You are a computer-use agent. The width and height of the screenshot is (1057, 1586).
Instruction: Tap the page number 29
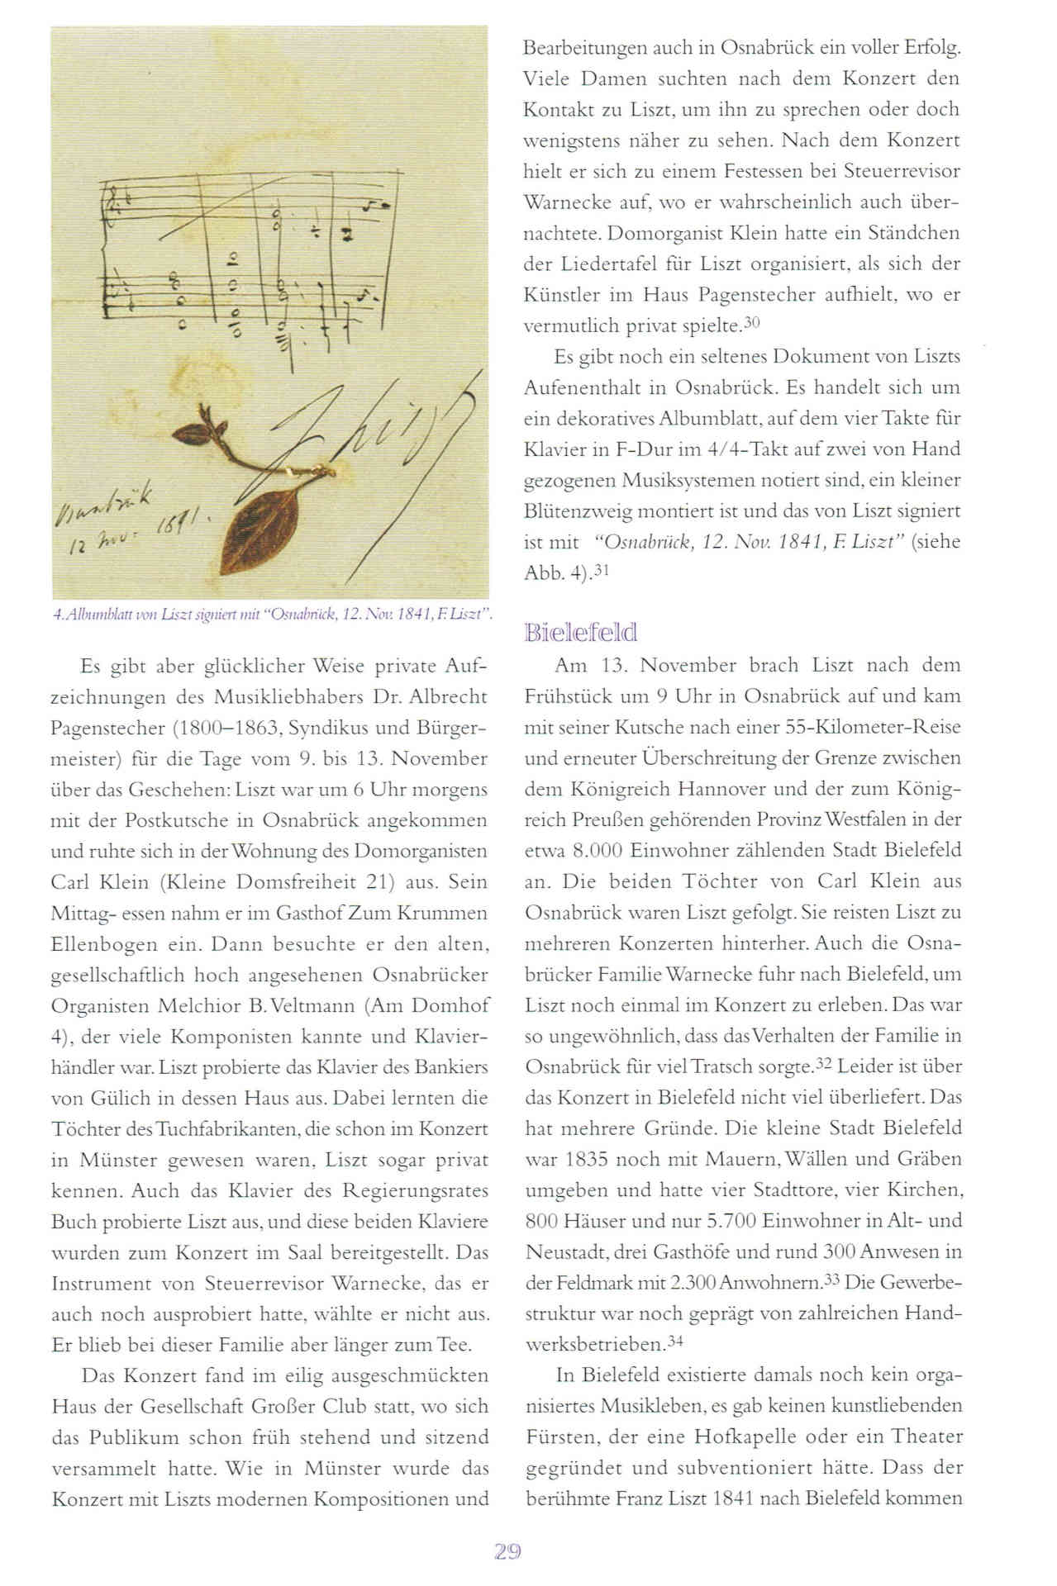tap(507, 1551)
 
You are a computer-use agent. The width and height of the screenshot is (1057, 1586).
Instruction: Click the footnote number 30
tap(751, 323)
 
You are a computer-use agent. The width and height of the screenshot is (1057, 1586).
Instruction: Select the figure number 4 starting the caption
tap(55, 615)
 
